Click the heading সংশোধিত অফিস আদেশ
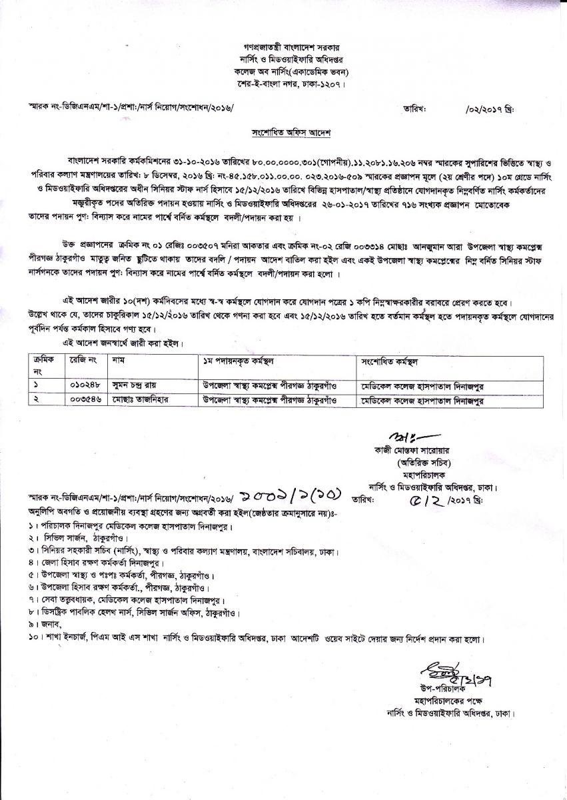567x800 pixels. [x=283, y=133]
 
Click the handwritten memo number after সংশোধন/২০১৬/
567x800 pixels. [x=295, y=494]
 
